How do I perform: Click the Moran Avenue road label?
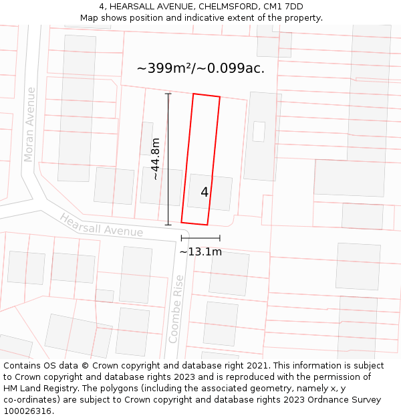point(29,124)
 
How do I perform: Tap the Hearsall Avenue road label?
point(101,225)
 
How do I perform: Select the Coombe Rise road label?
point(177,309)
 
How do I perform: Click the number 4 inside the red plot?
point(205,192)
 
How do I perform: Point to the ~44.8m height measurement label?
point(156,159)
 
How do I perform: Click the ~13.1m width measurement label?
point(200,252)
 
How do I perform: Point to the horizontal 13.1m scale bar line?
point(200,237)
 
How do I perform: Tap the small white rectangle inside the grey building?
point(259,131)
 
